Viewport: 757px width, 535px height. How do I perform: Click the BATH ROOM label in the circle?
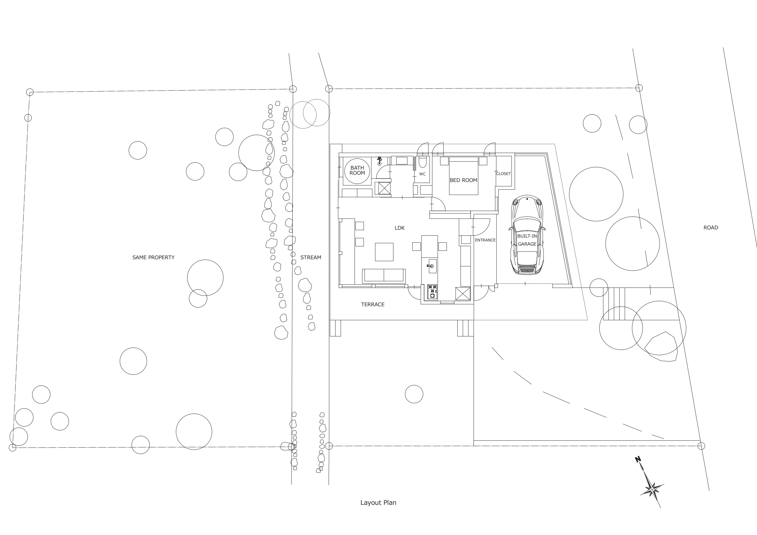coord(357,170)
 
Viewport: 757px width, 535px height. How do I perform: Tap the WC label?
coord(422,174)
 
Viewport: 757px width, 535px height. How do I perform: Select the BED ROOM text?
coord(463,180)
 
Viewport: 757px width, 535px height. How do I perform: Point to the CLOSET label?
coord(503,174)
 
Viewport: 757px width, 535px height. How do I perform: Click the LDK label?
coord(399,228)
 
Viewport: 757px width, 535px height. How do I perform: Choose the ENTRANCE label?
coord(485,240)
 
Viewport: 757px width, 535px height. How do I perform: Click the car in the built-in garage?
coord(527,235)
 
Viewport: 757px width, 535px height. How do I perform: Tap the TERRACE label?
coord(372,305)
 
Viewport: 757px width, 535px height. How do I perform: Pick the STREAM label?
coord(310,257)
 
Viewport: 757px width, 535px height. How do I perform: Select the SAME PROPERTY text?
coord(153,257)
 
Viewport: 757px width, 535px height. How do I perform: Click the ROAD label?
coord(711,227)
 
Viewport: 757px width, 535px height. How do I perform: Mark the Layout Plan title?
coord(378,503)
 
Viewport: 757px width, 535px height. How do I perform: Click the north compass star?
coord(651,488)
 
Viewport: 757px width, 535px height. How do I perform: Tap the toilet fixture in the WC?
coord(422,162)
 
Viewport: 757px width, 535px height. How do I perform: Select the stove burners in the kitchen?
coord(432,292)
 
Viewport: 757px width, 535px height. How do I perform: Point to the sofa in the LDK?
coord(384,276)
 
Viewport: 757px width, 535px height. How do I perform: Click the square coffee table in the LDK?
coord(384,252)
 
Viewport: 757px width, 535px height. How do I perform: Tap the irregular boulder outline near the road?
coord(661,347)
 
